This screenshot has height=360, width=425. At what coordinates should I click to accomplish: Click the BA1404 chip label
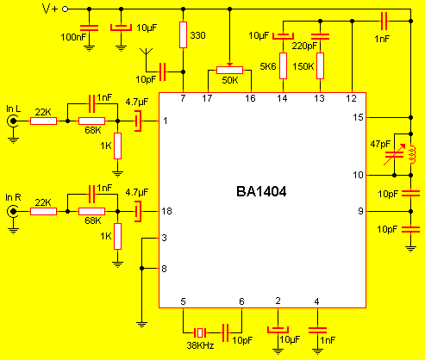pyautogui.click(x=261, y=191)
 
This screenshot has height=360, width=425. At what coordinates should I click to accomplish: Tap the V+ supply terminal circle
pyautogui.click(x=66, y=9)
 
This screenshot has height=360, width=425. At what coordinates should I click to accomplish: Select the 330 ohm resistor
pyautogui.click(x=183, y=34)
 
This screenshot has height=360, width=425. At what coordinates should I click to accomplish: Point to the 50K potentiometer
pyautogui.click(x=229, y=70)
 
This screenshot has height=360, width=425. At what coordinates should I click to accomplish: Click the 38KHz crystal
pyautogui.click(x=200, y=332)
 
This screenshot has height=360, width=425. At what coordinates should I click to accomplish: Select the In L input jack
pyautogui.click(x=13, y=121)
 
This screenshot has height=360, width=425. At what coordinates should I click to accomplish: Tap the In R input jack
pyautogui.click(x=13, y=212)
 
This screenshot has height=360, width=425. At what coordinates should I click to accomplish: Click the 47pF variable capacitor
pyautogui.click(x=395, y=155)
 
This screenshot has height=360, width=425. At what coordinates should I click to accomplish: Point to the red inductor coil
pyautogui.click(x=412, y=154)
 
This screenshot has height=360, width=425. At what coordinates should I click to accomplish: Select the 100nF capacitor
pyautogui.click(x=89, y=28)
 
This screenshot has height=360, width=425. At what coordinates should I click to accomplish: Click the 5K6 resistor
pyautogui.click(x=283, y=65)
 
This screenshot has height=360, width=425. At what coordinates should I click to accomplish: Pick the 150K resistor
pyautogui.click(x=321, y=65)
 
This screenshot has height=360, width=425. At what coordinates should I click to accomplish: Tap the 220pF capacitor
pyautogui.click(x=321, y=36)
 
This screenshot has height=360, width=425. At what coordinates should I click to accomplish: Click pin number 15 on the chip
pyautogui.click(x=358, y=117)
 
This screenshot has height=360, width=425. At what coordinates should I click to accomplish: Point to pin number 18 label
pyautogui.click(x=167, y=211)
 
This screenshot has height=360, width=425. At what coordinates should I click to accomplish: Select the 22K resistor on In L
pyautogui.click(x=43, y=121)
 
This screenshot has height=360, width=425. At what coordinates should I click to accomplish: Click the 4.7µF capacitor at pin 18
pyautogui.click(x=138, y=212)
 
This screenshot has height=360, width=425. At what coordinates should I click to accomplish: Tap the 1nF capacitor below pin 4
pyautogui.click(x=317, y=330)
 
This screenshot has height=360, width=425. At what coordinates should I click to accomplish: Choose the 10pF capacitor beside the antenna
pyautogui.click(x=163, y=71)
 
